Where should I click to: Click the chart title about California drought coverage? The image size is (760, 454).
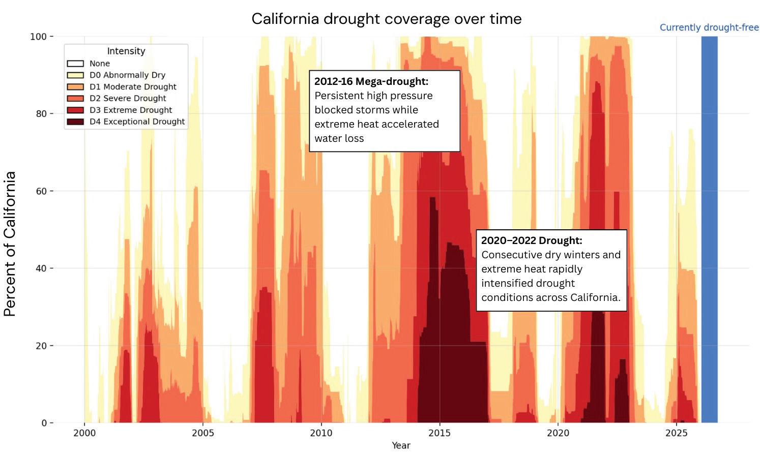pos(387,19)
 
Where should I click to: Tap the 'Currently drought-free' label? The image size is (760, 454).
pos(709,27)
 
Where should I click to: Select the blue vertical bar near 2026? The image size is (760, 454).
pos(709,229)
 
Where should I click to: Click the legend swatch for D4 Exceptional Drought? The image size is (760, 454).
pos(75,122)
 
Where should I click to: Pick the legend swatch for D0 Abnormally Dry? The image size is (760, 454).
pos(75,75)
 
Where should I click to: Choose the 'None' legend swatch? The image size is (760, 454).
pos(75,64)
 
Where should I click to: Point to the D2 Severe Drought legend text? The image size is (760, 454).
pos(128,98)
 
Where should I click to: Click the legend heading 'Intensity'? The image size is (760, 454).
pos(126,51)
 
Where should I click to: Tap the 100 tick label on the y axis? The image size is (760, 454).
pos(38,37)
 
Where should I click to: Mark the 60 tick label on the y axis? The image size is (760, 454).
pos(41,191)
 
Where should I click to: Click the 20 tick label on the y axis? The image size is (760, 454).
pos(41,346)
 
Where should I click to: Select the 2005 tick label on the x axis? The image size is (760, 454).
pos(202,433)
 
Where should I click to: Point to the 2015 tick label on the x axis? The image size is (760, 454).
pos(440,433)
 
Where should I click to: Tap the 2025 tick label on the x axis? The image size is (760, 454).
pos(676,433)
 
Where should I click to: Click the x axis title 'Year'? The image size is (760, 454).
pos(401,445)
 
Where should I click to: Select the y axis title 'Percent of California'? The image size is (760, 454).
pos(10,244)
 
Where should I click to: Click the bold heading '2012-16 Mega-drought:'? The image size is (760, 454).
pos(371,81)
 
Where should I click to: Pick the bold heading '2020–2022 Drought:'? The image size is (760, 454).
pos(532,240)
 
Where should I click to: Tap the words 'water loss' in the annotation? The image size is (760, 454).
pos(339,138)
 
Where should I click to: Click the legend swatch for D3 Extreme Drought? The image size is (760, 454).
pos(75,110)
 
